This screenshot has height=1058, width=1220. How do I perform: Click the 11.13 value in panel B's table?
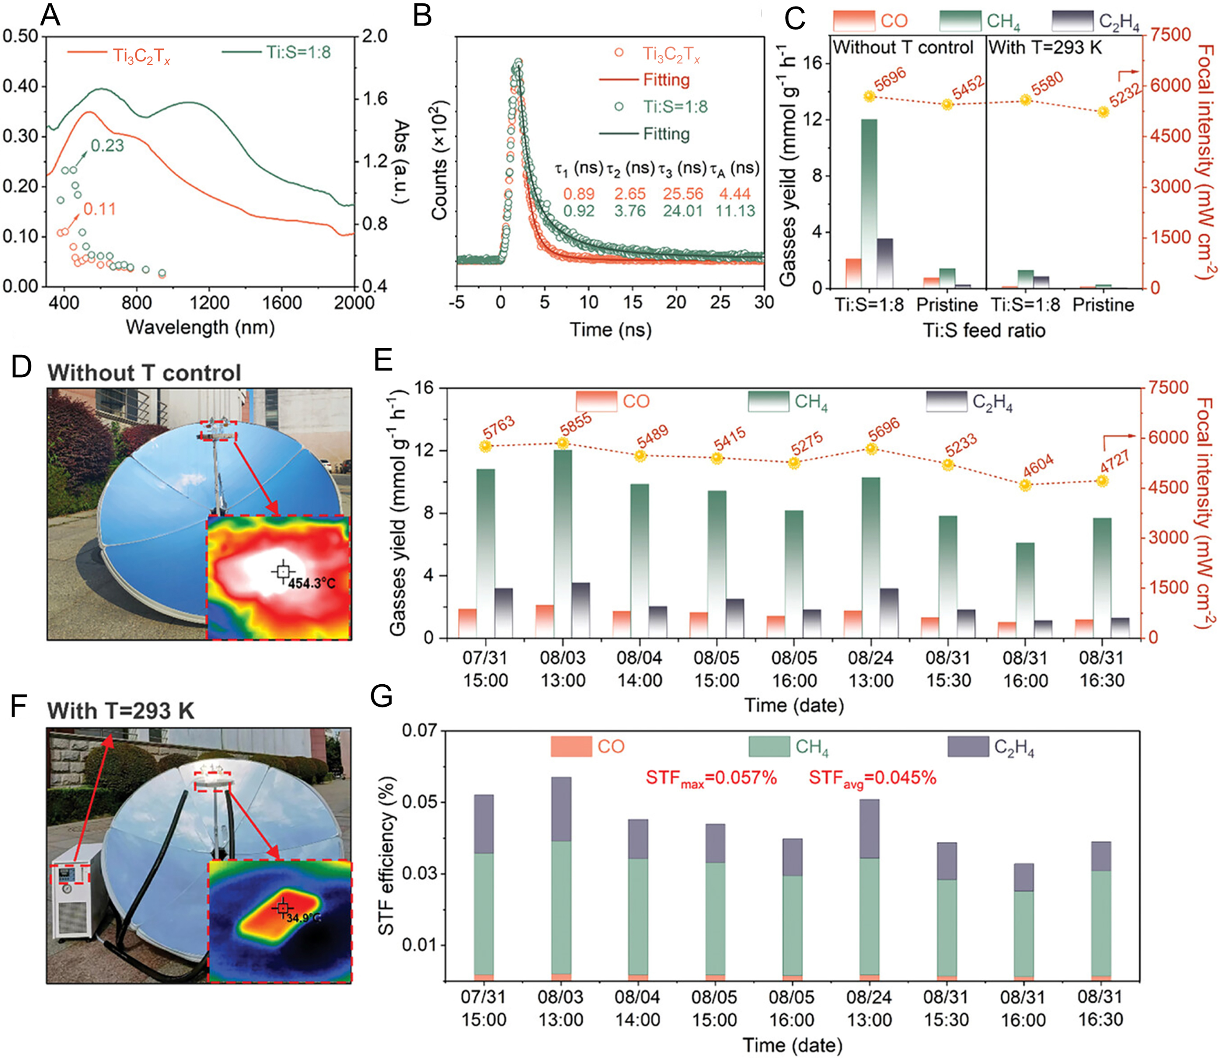735,211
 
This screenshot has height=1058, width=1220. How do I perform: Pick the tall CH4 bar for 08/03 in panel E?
563,543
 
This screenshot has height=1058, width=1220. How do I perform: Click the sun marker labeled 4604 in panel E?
1025,485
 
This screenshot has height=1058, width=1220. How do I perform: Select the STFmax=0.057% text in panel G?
711,778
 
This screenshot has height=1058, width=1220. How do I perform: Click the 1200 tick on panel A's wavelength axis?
209,303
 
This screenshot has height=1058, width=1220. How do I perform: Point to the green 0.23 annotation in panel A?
107,145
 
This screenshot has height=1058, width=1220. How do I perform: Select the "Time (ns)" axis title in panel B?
610,330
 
